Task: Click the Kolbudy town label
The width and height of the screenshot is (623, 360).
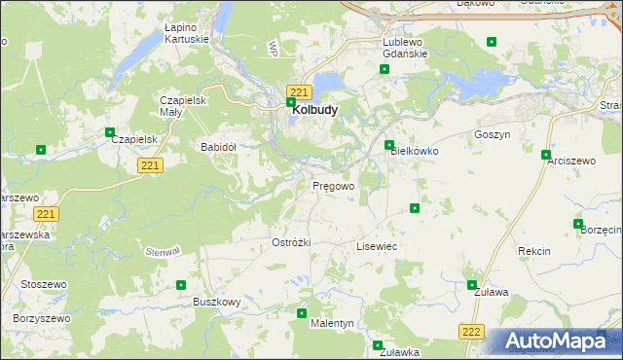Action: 315,111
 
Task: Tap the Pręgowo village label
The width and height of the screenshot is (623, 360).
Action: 333,185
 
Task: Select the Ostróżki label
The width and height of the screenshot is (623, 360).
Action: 290,241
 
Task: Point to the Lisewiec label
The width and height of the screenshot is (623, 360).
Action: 377,247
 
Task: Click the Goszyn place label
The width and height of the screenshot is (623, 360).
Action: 492,135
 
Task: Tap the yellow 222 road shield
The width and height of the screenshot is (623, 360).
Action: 472,332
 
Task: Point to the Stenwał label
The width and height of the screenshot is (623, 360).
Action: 163,251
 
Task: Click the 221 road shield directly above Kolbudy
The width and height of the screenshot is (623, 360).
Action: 299,91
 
